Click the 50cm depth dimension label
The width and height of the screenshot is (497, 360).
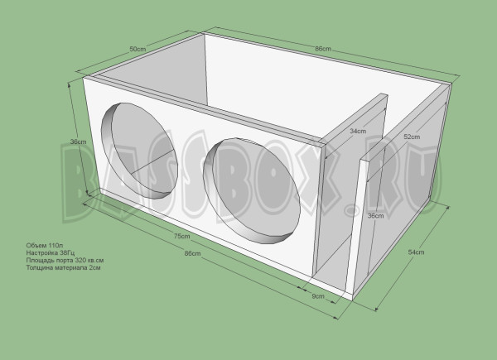click(138, 49)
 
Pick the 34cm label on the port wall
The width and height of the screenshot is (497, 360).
click(357, 131)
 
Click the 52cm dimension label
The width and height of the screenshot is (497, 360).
click(410, 136)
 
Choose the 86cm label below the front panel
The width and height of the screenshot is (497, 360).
click(191, 252)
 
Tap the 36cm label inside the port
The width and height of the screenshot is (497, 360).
click(374, 216)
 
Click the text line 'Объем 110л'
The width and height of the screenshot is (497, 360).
click(44, 247)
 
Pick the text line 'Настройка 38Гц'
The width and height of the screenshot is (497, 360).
click(50, 254)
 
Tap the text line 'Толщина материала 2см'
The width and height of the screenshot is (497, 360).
click(60, 269)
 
